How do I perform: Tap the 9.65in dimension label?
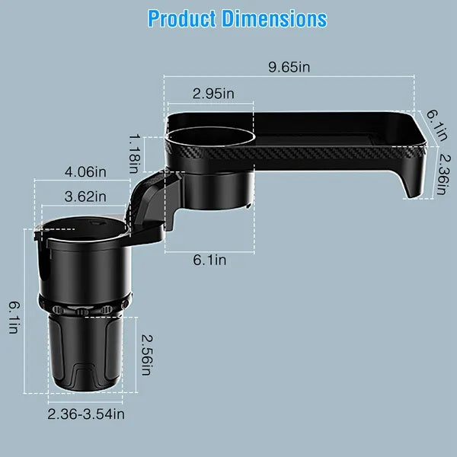click(x=289, y=67)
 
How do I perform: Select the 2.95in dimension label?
click(x=213, y=94)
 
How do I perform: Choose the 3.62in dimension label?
click(x=85, y=197)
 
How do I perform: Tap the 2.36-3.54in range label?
click(x=86, y=414)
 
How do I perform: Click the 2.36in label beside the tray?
click(x=441, y=172)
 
